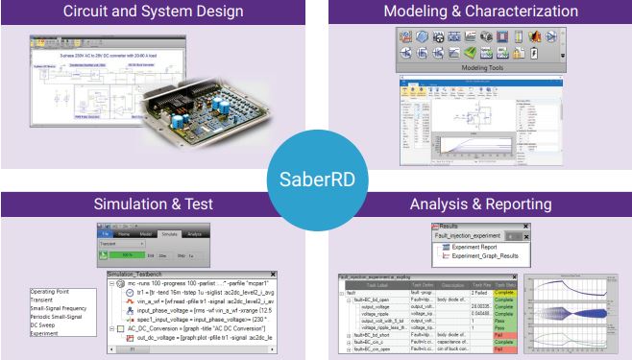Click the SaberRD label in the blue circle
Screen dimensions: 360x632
tap(316, 180)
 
